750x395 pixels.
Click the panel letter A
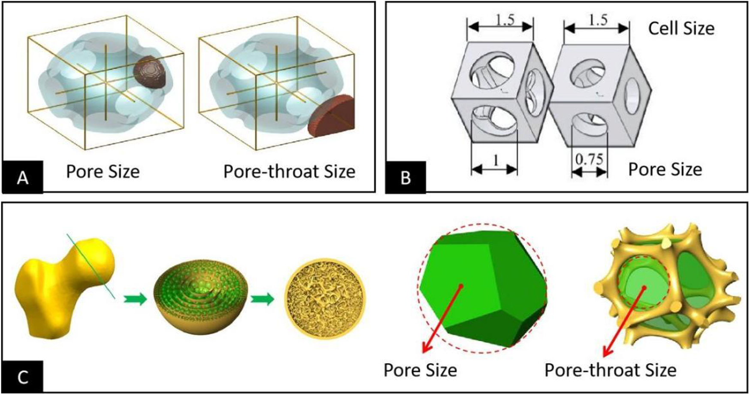[x=22, y=177]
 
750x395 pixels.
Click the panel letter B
[x=405, y=177]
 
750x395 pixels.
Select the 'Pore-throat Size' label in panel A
[x=289, y=172]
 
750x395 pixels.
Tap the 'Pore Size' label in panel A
[x=103, y=172]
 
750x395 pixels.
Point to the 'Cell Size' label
[x=681, y=28]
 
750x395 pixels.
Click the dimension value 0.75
[x=589, y=160]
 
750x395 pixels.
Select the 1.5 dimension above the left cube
[x=505, y=19]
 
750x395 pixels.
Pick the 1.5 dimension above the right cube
[x=598, y=19]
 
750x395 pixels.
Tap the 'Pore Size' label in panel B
[x=665, y=170]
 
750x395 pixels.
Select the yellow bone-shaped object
[x=64, y=288]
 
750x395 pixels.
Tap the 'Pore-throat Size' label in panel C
[x=610, y=370]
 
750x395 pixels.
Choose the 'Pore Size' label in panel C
[x=420, y=370]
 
